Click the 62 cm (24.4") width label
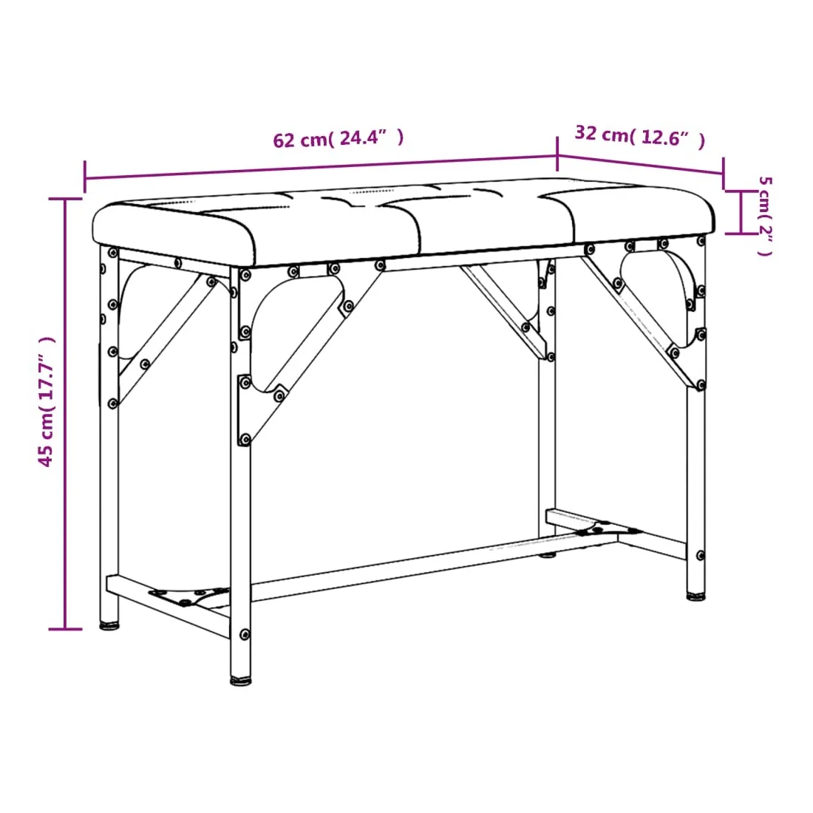click(338, 138)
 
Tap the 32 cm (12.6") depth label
click(640, 137)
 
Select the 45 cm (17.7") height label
click(46, 401)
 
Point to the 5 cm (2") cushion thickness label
click(765, 216)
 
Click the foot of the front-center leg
click(241, 681)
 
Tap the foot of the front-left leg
click(109, 625)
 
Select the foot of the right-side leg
click(695, 596)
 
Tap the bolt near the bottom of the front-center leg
click(245, 635)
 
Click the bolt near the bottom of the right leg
click(701, 555)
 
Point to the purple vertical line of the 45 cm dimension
click(65, 414)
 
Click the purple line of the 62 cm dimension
click(321, 167)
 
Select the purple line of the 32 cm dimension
click(640, 164)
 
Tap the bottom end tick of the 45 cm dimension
click(65, 629)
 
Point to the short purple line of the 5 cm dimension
click(741, 212)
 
